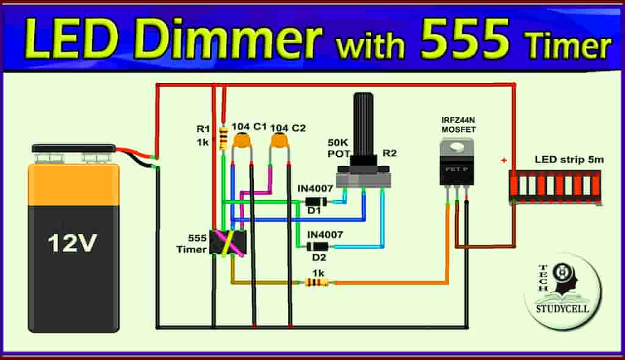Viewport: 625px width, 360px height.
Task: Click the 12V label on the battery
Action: [x=73, y=243]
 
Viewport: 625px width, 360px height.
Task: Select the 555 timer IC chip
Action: [x=227, y=242]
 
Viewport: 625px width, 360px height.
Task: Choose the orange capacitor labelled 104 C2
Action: [x=280, y=142]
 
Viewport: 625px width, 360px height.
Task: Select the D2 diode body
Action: [x=317, y=247]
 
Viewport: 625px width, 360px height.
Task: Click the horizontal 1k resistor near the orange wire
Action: [x=316, y=283]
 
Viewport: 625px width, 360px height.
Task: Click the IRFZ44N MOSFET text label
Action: [x=458, y=125]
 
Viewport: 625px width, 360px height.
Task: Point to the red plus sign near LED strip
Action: [x=504, y=160]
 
